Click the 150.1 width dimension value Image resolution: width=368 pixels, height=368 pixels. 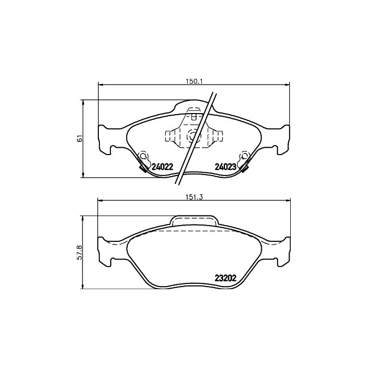point(194,81)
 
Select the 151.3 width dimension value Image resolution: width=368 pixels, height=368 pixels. point(194,197)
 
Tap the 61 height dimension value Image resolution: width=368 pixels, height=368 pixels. point(80,139)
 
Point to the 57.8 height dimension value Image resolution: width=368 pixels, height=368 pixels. point(80,252)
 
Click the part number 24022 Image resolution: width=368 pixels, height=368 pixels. point(162,167)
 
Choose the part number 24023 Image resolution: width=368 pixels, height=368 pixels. point(226,167)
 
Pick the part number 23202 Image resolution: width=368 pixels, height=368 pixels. point(226,278)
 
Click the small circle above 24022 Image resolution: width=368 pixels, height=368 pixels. point(142,156)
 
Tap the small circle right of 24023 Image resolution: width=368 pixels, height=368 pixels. point(244,156)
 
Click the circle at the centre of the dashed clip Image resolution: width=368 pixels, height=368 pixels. point(194,136)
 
